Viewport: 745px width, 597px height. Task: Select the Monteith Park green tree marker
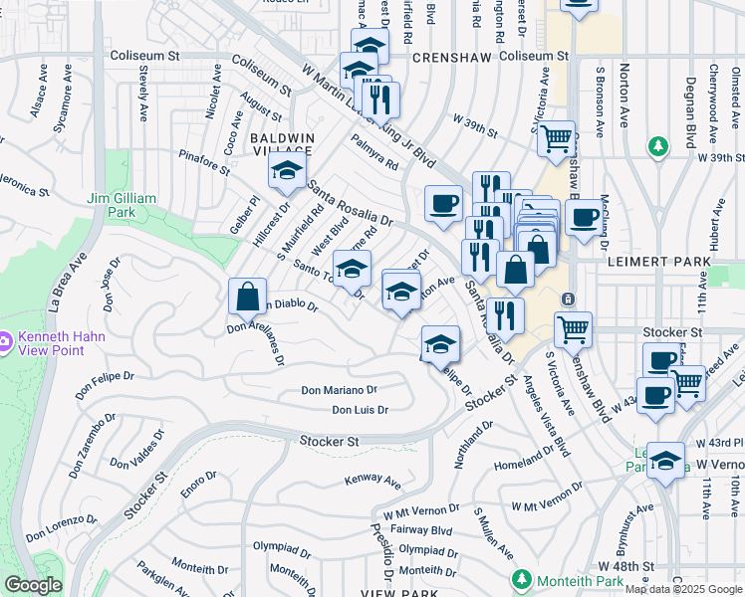point(520,579)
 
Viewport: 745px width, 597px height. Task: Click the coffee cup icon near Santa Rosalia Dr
point(444,204)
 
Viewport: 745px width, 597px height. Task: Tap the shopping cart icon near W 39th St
point(556,137)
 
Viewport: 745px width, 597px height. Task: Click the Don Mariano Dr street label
point(340,391)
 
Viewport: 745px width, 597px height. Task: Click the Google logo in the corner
point(32,585)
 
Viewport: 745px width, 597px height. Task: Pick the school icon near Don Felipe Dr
point(439,344)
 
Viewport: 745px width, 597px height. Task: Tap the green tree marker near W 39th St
point(657,148)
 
